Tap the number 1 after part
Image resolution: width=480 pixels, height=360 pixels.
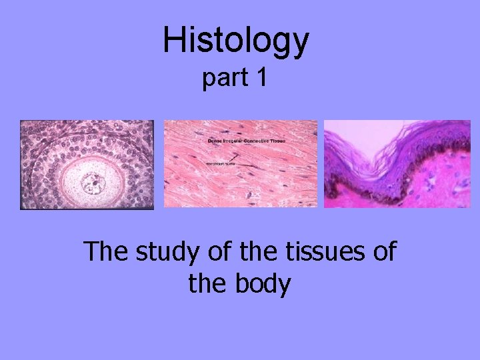point(261,78)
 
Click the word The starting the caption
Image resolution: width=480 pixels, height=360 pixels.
point(106,253)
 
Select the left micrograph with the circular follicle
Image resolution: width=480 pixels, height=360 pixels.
point(87,164)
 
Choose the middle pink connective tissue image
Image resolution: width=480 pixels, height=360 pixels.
point(241,164)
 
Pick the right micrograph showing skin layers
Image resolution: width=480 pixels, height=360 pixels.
point(397,164)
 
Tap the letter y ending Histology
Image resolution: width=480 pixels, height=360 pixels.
point(299,44)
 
